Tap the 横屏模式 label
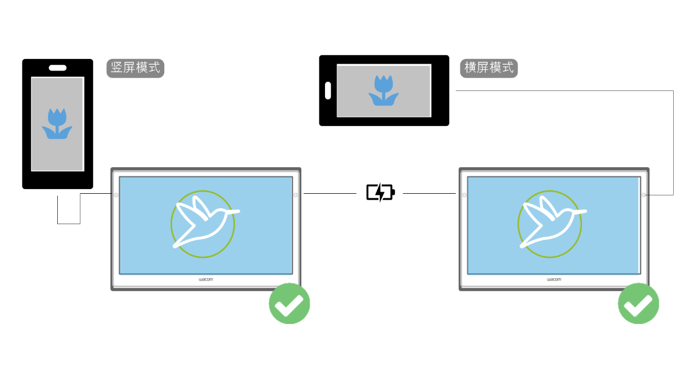(x=489, y=68)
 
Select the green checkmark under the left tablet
(x=289, y=303)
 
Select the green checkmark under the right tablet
(x=638, y=303)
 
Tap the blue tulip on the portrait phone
(x=57, y=124)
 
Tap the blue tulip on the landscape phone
(x=383, y=91)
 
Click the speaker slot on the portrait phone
(x=57, y=67)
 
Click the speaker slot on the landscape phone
(x=328, y=91)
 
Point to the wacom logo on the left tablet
(x=206, y=279)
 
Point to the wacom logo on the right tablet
(x=554, y=279)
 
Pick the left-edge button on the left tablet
(x=116, y=195)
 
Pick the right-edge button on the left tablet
(x=296, y=195)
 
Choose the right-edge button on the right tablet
(x=644, y=195)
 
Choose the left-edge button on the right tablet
(x=464, y=195)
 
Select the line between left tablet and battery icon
(x=330, y=193)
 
